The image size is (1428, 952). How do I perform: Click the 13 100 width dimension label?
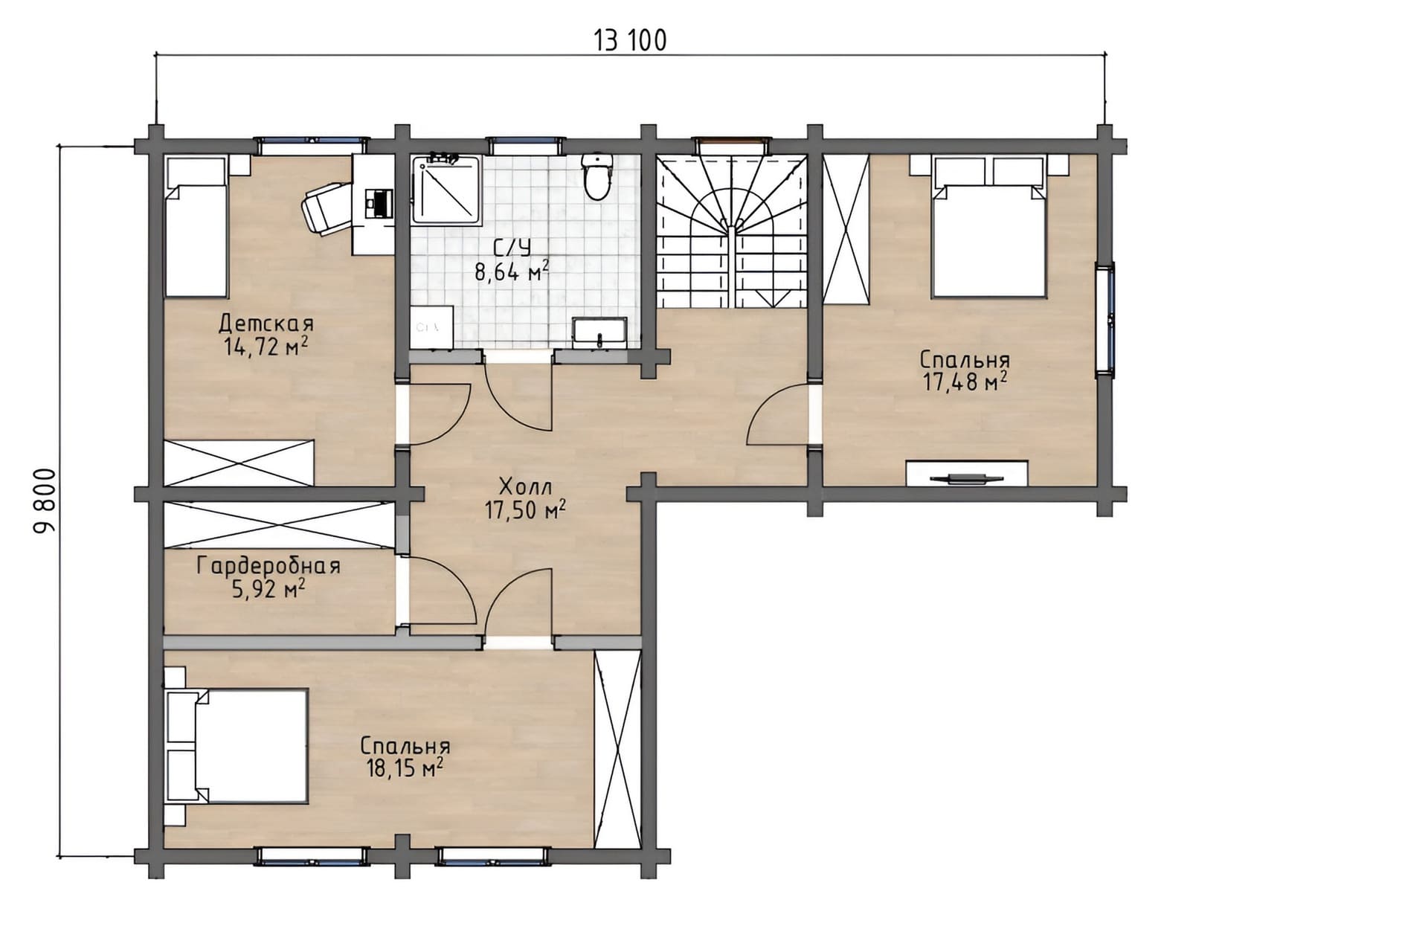pyautogui.click(x=630, y=40)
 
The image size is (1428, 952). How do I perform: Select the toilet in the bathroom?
pyautogui.click(x=596, y=176)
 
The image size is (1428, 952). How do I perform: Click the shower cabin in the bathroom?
pyautogui.click(x=447, y=190)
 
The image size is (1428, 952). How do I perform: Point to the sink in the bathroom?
pyautogui.click(x=599, y=332)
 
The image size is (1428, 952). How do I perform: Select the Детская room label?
pyautogui.click(x=266, y=324)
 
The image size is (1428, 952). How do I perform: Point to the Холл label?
pyautogui.click(x=525, y=488)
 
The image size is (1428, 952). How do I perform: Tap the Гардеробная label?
pyautogui.click(x=268, y=567)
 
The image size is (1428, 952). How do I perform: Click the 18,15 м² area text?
pyautogui.click(x=405, y=768)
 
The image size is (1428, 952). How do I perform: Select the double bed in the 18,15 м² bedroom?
pyautogui.click(x=237, y=746)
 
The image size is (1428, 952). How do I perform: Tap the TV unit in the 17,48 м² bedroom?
pyautogui.click(x=967, y=473)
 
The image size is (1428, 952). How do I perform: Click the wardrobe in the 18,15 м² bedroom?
pyautogui.click(x=617, y=749)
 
